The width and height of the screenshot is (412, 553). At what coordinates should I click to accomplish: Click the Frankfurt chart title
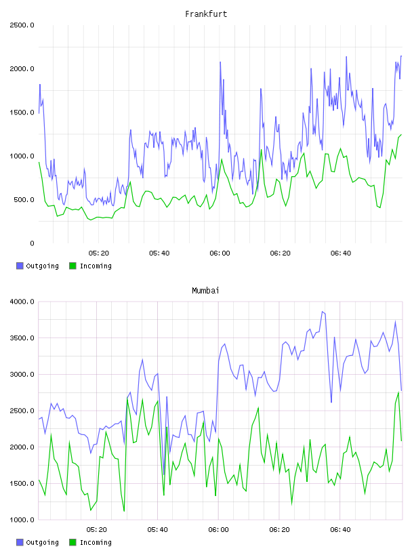[x=206, y=14]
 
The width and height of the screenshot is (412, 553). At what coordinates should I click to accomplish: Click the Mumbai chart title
[x=205, y=291]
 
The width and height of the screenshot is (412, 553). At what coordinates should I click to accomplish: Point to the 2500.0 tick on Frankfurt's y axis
[x=22, y=25]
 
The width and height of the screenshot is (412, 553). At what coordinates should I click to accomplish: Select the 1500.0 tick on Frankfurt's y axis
[x=22, y=112]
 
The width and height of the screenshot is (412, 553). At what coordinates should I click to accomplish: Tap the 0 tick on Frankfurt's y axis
[x=32, y=243]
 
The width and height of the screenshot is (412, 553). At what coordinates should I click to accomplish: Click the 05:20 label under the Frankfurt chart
[x=99, y=253]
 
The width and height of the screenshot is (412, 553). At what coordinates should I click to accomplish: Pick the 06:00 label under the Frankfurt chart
[x=220, y=253]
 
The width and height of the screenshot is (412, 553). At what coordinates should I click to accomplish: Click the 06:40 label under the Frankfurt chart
[x=341, y=253]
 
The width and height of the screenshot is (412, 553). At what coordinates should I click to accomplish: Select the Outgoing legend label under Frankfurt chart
[x=42, y=266]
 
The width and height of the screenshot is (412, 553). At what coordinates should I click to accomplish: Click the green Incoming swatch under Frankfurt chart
[x=73, y=266]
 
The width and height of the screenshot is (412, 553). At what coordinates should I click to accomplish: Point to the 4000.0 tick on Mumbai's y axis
[x=22, y=302]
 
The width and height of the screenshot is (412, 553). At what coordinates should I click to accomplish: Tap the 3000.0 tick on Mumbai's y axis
[x=22, y=374]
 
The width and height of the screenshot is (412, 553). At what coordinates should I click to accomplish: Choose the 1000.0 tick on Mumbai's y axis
[x=22, y=520]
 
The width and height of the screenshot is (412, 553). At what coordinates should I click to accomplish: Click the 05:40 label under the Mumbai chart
[x=158, y=530]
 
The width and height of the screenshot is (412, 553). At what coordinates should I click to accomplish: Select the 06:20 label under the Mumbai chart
[x=279, y=530]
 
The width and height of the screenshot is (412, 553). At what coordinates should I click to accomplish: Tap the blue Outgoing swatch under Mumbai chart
[x=20, y=542]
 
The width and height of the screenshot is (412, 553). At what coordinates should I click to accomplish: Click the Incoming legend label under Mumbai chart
[x=96, y=542]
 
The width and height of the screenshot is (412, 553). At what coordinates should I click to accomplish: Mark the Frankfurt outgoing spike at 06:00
[x=220, y=62]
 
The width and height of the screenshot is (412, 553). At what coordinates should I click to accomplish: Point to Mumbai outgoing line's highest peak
[x=322, y=312]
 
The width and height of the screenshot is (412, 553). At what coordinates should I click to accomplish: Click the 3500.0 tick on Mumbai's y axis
[x=22, y=338]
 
